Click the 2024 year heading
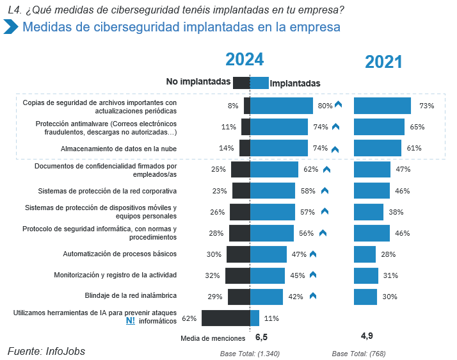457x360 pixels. (x=244, y=60)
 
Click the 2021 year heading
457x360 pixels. (x=383, y=61)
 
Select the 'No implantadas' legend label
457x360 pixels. (x=198, y=82)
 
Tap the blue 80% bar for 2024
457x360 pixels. (x=281, y=106)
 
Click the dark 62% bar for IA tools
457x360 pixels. (x=225, y=318)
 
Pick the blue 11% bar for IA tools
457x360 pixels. (x=255, y=318)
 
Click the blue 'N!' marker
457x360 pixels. (x=130, y=321)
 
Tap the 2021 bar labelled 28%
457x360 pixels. (x=365, y=254)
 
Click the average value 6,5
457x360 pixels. (x=261, y=336)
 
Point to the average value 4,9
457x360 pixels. (x=367, y=336)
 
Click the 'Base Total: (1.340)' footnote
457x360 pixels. (x=250, y=354)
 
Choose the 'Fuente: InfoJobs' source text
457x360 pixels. (x=46, y=351)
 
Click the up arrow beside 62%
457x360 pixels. (x=326, y=170)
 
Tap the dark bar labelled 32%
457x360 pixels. (x=237, y=275)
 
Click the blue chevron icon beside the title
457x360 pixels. (x=10, y=28)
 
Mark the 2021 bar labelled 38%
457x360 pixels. (x=369, y=212)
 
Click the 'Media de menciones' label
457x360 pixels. (x=213, y=338)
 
